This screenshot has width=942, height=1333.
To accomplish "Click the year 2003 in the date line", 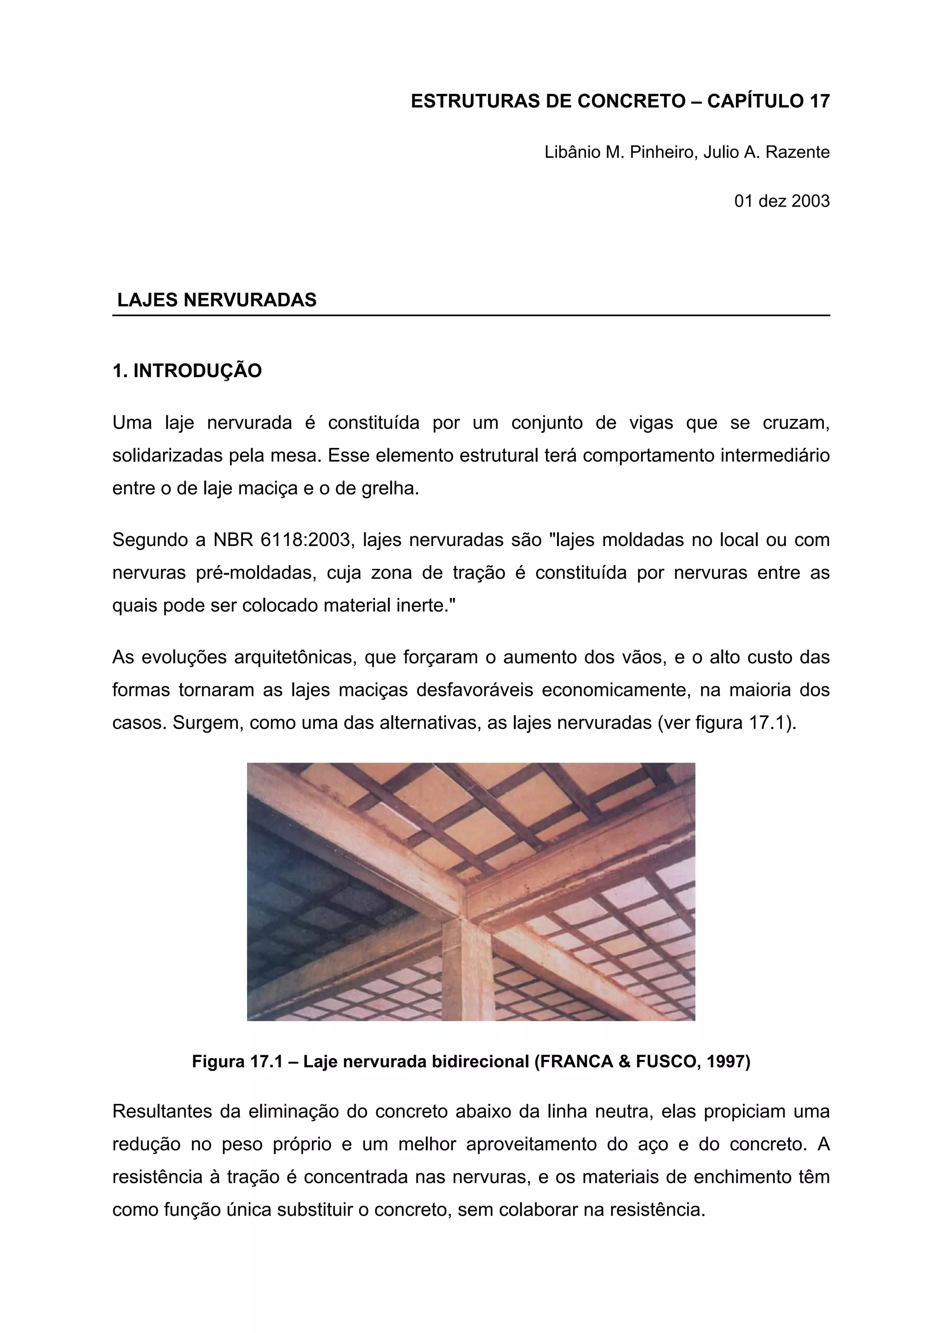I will (x=810, y=201).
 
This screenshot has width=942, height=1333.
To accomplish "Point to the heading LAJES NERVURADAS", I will (x=217, y=300).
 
